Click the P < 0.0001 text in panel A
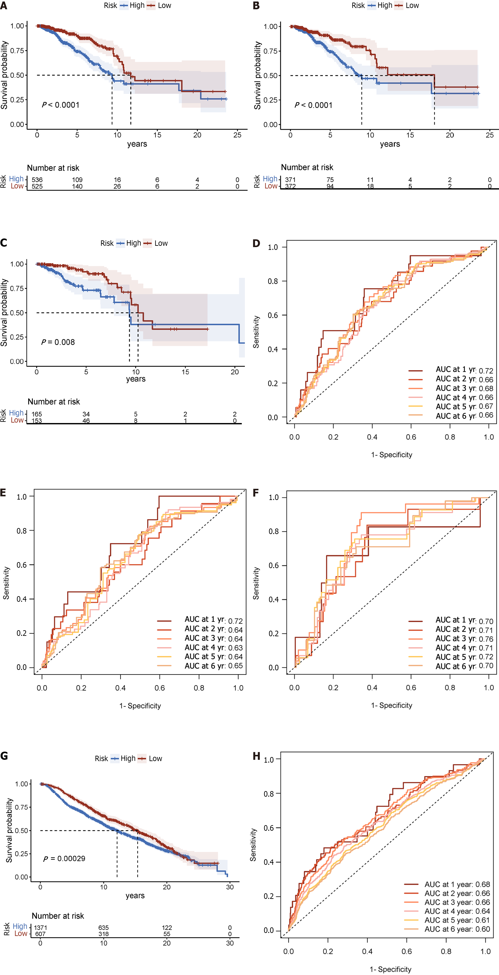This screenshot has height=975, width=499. (x=61, y=105)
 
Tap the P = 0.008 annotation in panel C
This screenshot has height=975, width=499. (x=58, y=342)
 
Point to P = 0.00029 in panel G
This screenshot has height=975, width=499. (x=64, y=858)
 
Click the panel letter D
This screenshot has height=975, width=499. (x=256, y=243)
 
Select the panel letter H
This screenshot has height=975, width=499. (x=256, y=756)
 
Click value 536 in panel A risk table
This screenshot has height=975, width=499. (x=37, y=180)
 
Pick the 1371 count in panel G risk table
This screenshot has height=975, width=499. (x=41, y=928)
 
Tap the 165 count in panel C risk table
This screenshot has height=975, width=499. (x=37, y=414)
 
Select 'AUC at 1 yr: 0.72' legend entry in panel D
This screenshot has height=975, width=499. (x=464, y=370)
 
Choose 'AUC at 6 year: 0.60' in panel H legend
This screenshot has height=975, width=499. (x=457, y=929)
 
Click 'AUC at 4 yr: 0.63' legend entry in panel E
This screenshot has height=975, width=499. (x=213, y=648)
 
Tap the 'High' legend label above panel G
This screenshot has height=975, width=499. (x=128, y=759)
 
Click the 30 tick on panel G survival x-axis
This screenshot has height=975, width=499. (x=230, y=887)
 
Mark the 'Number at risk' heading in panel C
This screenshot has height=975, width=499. (x=54, y=402)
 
